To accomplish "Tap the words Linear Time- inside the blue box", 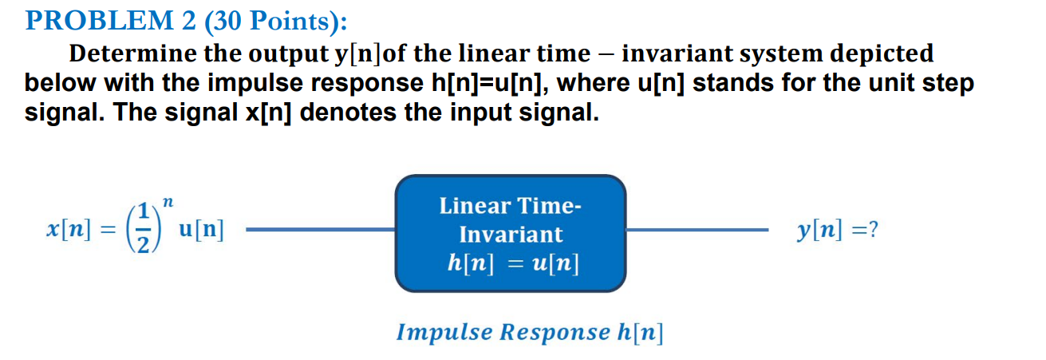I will [511, 206].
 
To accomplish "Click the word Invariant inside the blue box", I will [511, 235].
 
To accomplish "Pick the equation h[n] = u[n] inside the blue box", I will [511, 263].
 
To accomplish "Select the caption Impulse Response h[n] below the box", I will [530, 331].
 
